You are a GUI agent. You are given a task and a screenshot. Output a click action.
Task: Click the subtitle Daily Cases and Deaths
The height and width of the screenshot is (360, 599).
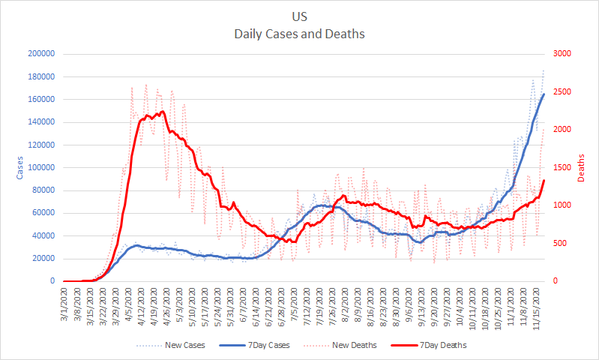(299, 34)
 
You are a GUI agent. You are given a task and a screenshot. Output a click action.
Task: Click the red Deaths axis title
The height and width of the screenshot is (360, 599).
(582, 167)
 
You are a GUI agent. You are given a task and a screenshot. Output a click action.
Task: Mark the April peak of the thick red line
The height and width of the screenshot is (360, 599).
(163, 112)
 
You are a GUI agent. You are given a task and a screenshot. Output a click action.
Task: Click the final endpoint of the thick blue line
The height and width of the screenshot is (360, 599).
(544, 94)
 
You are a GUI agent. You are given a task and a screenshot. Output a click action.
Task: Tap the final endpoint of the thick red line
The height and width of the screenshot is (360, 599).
(544, 181)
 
